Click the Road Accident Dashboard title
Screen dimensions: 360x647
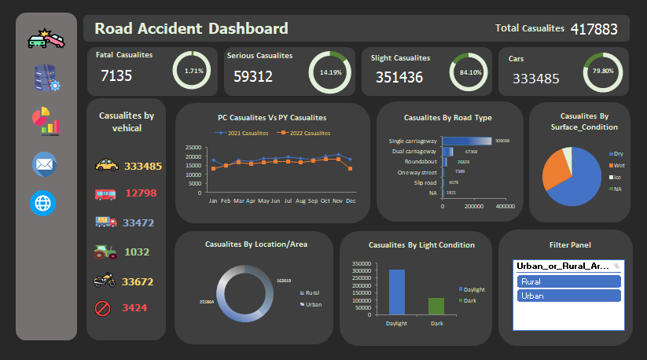tap(191, 29)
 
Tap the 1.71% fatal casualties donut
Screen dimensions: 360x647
tap(193, 71)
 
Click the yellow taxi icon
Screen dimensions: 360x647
tap(106, 166)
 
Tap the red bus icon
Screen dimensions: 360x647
tap(106, 193)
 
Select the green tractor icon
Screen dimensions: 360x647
tap(106, 252)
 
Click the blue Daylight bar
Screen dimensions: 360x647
tap(397, 292)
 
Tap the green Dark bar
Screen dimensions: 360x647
tap(436, 307)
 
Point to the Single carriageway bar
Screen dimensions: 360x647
tap(472, 141)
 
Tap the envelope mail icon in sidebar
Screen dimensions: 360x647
tap(44, 164)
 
